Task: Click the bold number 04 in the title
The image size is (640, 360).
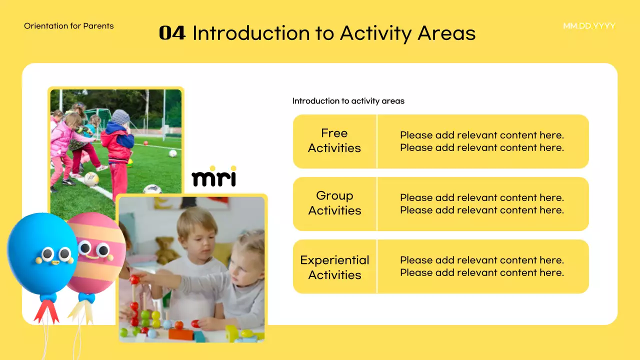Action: [x=172, y=33]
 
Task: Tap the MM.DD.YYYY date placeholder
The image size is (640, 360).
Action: [x=589, y=26]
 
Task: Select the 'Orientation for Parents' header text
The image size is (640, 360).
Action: [x=69, y=26]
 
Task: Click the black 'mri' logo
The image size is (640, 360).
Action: [x=214, y=176]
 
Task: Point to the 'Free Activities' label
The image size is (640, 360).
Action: [x=334, y=140]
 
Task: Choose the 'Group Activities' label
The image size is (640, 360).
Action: [x=334, y=203]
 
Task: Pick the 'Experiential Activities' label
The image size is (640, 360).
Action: [x=334, y=267]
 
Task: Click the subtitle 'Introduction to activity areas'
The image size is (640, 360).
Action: [x=348, y=101]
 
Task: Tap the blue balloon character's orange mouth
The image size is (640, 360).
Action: [x=55, y=262]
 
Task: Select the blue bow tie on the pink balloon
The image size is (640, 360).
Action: [x=86, y=298]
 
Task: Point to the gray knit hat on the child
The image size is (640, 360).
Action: [x=120, y=117]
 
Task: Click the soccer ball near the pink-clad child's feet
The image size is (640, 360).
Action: [x=91, y=179]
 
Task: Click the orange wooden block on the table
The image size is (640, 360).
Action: [x=181, y=334]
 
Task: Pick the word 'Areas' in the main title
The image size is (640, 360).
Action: [x=446, y=33]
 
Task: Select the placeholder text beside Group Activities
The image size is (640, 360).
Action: [x=482, y=203]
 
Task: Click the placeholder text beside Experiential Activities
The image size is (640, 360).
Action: [x=482, y=266]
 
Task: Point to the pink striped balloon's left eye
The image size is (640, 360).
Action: [x=84, y=247]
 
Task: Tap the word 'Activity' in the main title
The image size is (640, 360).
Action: [x=375, y=33]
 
